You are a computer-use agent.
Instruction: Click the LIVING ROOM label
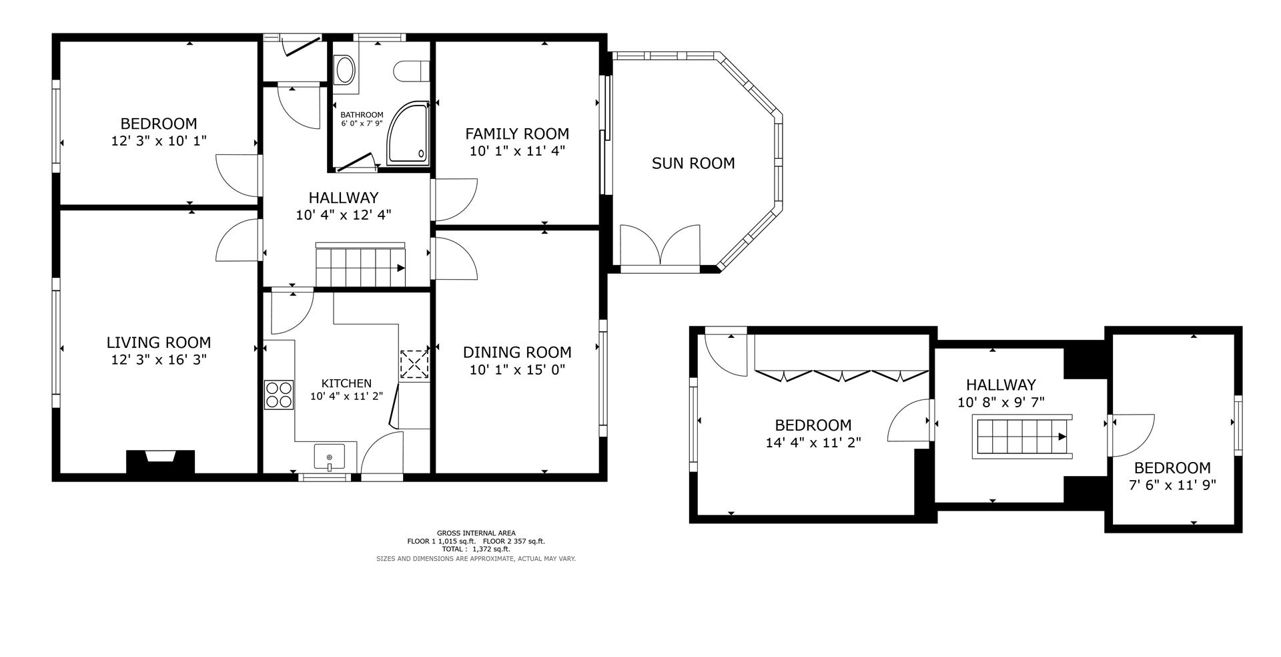(x=159, y=343)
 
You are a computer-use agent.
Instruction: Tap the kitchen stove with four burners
(x=279, y=394)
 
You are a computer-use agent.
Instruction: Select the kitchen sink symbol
(x=330, y=457)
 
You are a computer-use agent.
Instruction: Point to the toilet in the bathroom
(x=411, y=71)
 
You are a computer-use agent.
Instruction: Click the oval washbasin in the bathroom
(x=345, y=70)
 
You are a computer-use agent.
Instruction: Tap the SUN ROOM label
(x=693, y=164)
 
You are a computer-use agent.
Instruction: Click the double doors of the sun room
(x=660, y=246)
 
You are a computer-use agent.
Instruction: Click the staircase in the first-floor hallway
(x=360, y=266)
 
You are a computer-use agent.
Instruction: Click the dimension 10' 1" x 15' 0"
(x=517, y=369)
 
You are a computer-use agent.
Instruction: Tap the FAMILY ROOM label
(x=517, y=134)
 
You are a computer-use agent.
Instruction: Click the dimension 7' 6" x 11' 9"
(x=1172, y=485)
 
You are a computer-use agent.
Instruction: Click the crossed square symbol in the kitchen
(x=414, y=365)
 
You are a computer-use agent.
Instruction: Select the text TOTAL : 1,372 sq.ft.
(x=476, y=549)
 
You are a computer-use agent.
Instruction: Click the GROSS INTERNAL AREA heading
(x=476, y=533)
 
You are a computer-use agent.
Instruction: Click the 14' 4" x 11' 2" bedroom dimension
(x=813, y=442)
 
